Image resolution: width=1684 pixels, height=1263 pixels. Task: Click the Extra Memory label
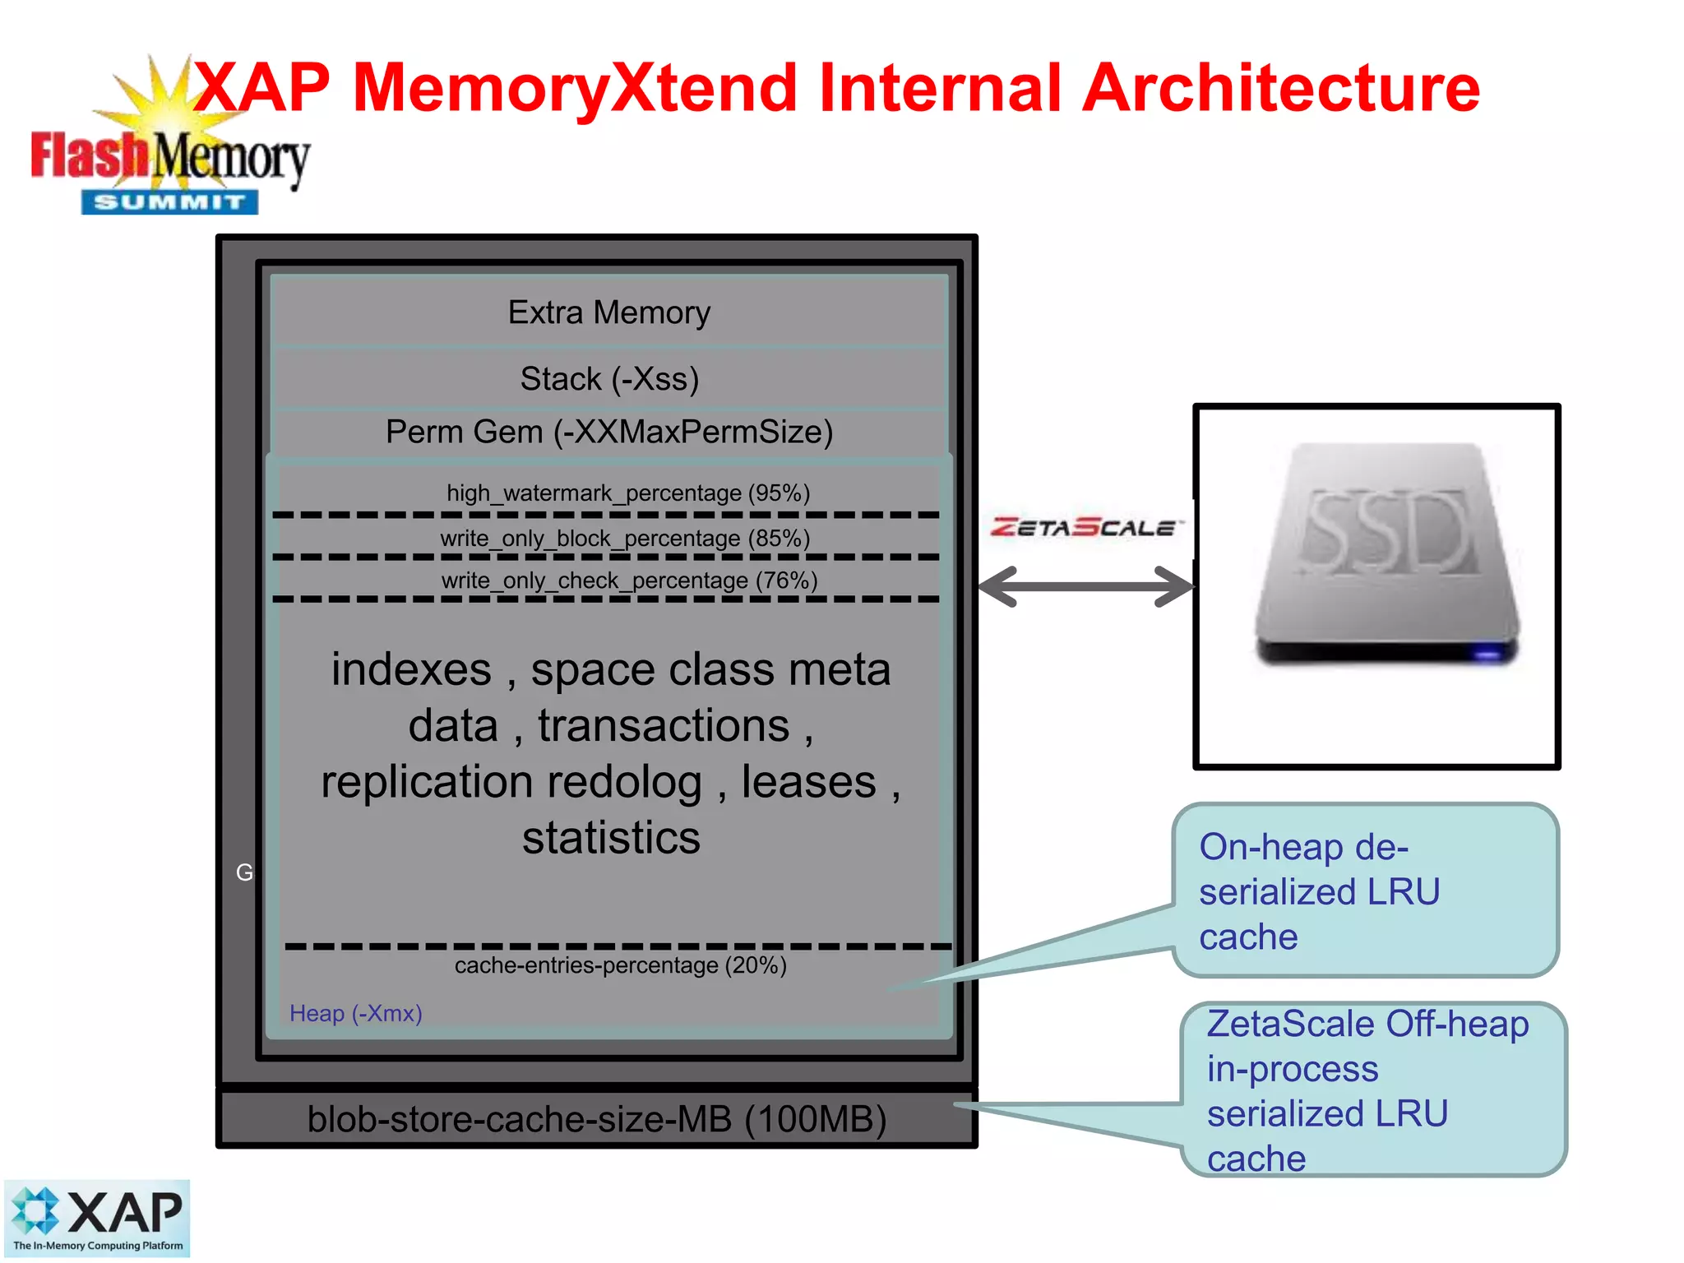[x=608, y=312]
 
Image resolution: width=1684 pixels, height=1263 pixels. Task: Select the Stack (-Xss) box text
[x=608, y=379]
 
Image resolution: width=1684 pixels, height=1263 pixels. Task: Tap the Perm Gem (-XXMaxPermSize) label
[x=608, y=432]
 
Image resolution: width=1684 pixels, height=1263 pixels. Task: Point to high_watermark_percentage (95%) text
[x=627, y=493]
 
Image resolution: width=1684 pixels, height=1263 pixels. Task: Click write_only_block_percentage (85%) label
[x=625, y=538]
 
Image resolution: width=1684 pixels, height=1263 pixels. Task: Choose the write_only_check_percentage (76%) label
[x=629, y=581]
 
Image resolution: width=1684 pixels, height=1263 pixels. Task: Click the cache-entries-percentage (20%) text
[x=620, y=965]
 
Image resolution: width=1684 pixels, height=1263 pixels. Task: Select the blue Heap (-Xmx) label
[x=355, y=1013]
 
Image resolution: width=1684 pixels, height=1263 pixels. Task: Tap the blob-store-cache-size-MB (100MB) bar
[x=596, y=1119]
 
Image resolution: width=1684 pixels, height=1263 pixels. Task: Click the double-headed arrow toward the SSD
[x=1085, y=586]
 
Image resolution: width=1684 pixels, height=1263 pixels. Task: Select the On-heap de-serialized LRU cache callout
[x=1365, y=891]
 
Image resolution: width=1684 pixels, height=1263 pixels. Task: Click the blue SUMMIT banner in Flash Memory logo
[x=169, y=202]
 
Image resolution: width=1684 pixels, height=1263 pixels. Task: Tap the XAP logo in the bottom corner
[x=97, y=1218]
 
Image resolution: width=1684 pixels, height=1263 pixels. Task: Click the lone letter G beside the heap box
[x=244, y=872]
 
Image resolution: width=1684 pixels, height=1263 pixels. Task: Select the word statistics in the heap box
[x=611, y=838]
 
